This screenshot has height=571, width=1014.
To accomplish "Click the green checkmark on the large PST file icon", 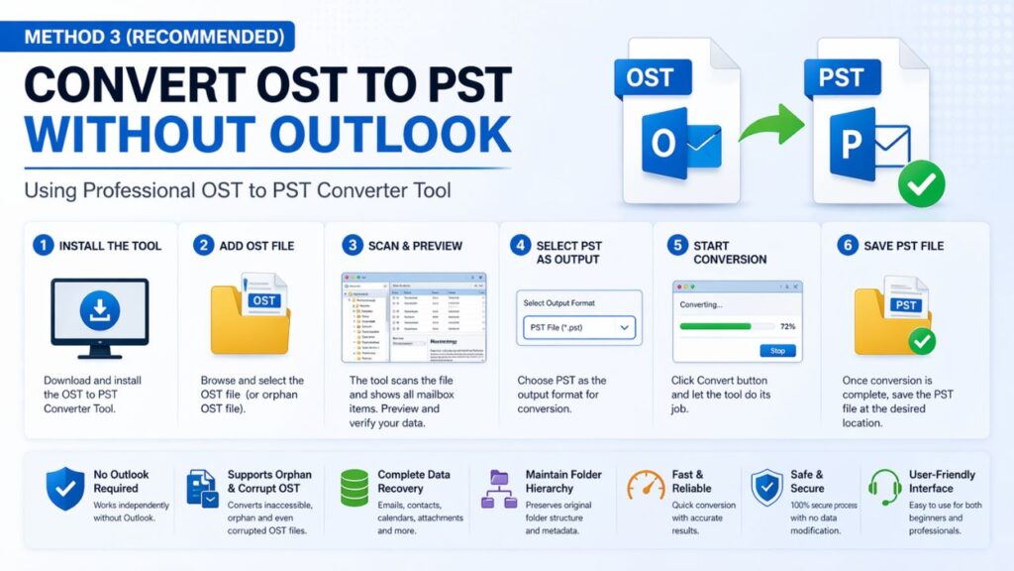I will coord(921,185).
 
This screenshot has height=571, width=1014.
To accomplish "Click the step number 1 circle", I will coord(43,245).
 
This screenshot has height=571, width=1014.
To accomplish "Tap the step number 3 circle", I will coord(354,245).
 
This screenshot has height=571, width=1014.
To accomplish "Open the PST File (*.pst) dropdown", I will coord(578,325).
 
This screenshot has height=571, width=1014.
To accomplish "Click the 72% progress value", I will coord(788,325).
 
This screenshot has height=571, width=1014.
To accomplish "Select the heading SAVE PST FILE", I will coord(906,245).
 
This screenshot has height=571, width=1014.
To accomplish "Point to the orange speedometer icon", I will coord(645,486).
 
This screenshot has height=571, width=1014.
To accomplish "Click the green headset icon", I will coord(883,487).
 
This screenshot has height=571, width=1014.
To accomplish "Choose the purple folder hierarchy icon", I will coord(499,489).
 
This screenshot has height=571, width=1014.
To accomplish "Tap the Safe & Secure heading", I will coord(806,481).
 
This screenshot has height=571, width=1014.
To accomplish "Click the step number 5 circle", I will coord(676,245).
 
